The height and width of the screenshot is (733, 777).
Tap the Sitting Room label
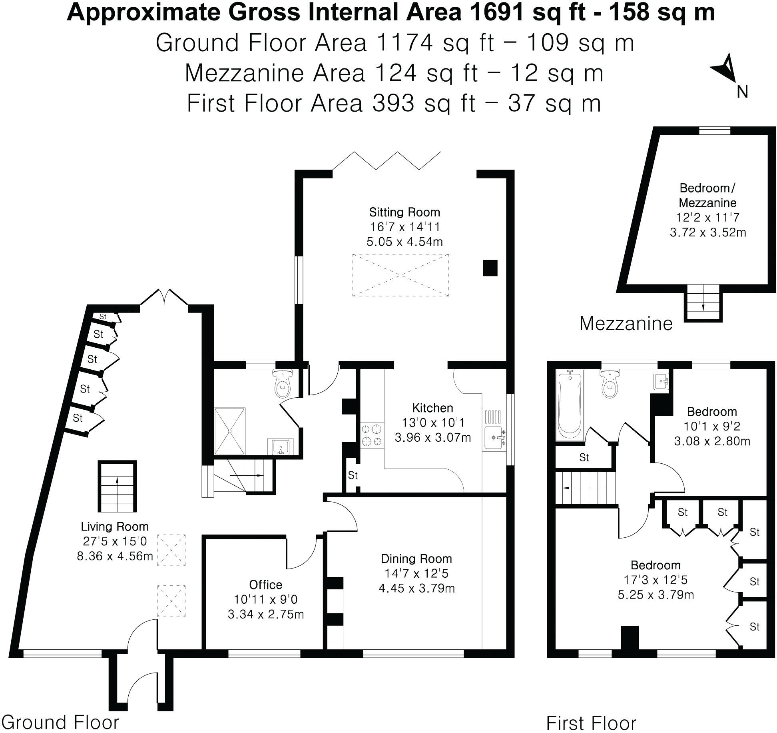coord(404,212)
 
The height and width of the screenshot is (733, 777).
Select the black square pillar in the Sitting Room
coord(490,268)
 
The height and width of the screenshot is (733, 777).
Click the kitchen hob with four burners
coord(372,436)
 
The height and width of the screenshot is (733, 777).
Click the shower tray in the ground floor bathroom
coord(230,431)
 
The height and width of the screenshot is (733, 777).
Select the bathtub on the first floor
coord(570,405)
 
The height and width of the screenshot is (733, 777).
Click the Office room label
coord(265,585)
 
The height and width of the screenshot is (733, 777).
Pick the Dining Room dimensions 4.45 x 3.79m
coord(416,588)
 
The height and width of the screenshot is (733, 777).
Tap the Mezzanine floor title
coord(626,323)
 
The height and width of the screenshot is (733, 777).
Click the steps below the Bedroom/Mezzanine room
coord(703,306)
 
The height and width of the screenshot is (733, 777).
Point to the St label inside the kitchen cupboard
coord(353,475)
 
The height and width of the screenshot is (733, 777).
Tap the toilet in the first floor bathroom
coord(609,384)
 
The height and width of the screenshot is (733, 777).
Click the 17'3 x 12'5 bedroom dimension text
coord(655,580)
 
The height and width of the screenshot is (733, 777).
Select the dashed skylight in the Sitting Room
coord(400,275)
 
